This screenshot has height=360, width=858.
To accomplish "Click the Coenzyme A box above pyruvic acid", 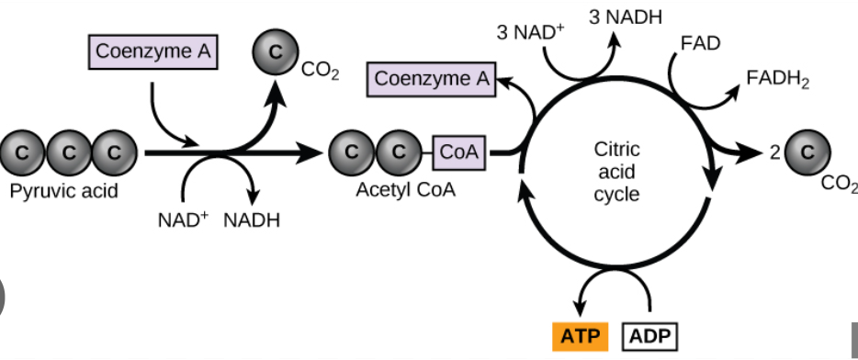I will point(152,52).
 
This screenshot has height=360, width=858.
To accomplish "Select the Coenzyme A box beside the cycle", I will point(432,80).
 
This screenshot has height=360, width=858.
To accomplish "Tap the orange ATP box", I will point(580,337).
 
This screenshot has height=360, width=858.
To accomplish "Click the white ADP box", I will point(651,337).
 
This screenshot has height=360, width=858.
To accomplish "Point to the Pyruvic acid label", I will point(64,193).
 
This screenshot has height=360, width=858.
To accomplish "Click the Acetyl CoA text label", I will point(403,193).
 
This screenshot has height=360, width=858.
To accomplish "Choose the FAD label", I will point(700,43).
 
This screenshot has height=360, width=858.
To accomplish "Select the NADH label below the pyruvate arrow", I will point(252,220).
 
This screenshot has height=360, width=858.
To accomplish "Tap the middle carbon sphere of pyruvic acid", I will point(69,152).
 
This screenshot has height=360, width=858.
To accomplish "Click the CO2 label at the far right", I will point(839,185).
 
